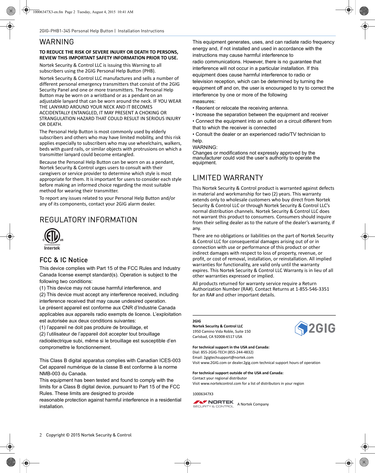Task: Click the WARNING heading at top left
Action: click(x=57, y=42)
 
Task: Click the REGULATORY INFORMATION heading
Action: click(x=88, y=220)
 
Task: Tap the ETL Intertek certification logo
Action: click(x=52, y=239)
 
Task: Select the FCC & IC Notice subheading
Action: click(x=63, y=260)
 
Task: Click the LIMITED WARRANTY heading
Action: click(x=228, y=178)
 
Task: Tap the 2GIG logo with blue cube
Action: click(x=315, y=328)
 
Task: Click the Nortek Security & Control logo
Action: click(x=213, y=404)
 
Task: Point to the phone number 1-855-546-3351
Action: click(x=312, y=289)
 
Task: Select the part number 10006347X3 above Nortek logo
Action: click(x=203, y=394)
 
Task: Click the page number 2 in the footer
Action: click(x=41, y=435)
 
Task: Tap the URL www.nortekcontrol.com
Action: click(x=221, y=383)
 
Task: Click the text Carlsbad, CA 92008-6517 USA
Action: click(x=217, y=337)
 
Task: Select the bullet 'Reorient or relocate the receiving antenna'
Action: click(x=242, y=108)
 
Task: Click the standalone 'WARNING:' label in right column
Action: click(x=205, y=147)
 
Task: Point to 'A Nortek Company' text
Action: click(x=253, y=404)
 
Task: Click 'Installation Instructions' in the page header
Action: click(x=141, y=31)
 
